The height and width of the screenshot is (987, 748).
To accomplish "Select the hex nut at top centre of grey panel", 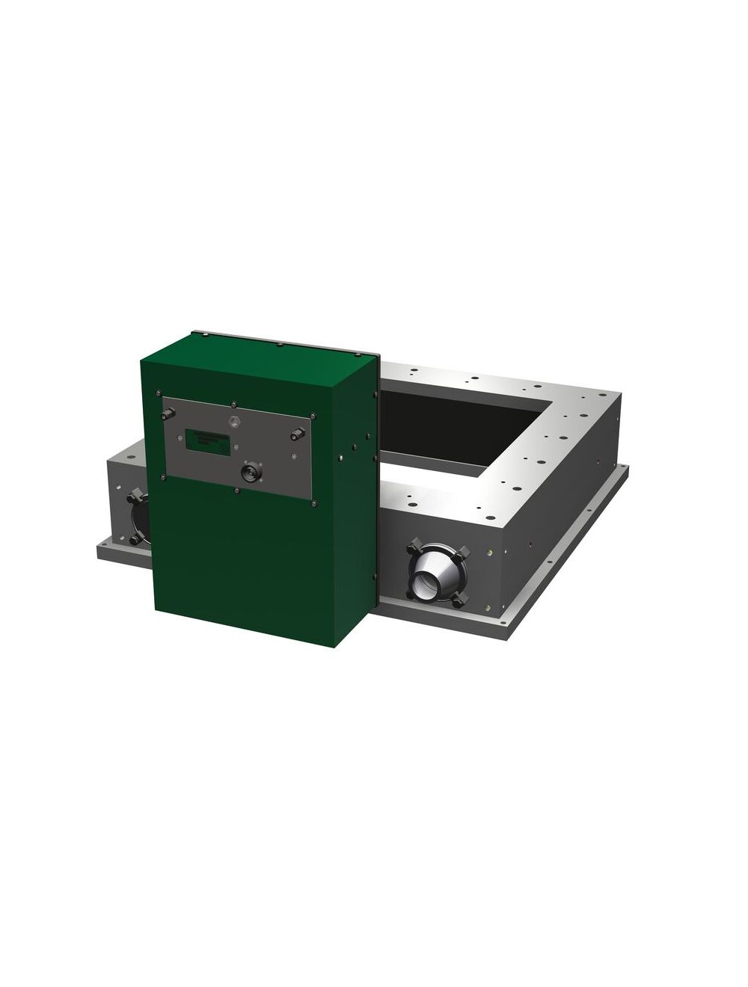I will (235, 421).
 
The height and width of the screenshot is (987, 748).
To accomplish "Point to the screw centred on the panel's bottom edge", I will (237, 491).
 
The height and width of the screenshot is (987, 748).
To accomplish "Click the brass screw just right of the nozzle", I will (489, 553).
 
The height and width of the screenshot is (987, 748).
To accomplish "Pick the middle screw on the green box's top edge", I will (279, 345).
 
